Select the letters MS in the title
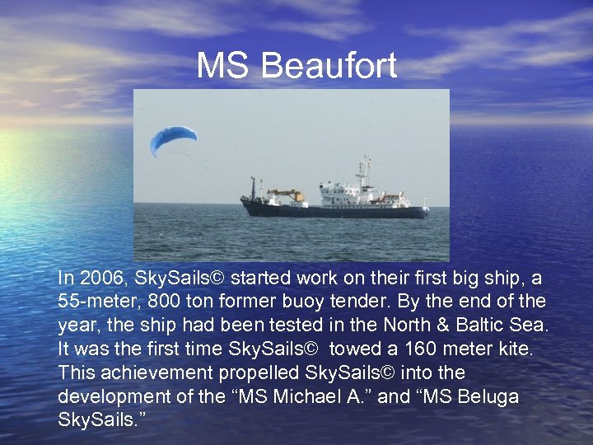(x=223, y=67)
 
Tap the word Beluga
(x=487, y=397)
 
